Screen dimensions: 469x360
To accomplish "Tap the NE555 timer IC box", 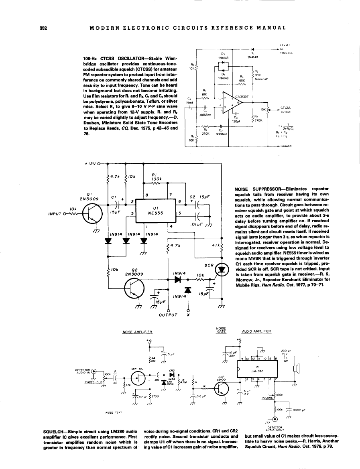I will [155, 213].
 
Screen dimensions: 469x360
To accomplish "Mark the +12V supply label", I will [91, 164].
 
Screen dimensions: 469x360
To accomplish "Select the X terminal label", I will [188, 315].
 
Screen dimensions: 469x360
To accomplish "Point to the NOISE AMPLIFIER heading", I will [136, 332].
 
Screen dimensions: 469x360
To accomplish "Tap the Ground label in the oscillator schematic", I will [285, 146].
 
